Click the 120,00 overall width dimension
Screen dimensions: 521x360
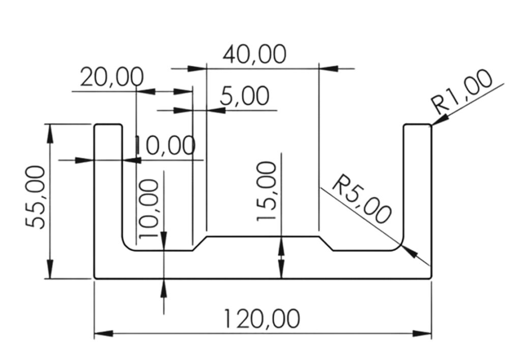tap(262, 318)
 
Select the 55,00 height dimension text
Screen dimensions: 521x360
tap(35, 197)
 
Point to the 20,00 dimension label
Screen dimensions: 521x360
tap(112, 77)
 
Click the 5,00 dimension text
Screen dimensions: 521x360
tap(245, 96)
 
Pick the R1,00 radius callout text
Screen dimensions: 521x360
tap(462, 91)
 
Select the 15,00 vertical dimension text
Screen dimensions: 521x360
tap(267, 191)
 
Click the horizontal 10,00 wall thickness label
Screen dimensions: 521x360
tap(165, 145)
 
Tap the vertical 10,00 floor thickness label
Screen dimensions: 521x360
tap(148, 208)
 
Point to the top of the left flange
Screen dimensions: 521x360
tap(108, 125)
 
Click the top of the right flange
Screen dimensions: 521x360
tap(418, 125)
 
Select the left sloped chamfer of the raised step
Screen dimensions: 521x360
tap(199, 244)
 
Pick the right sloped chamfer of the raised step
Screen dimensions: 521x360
tap(326, 244)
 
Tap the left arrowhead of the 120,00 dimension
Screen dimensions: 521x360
tap(104, 333)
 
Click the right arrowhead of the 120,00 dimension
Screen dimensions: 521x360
tap(422, 333)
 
